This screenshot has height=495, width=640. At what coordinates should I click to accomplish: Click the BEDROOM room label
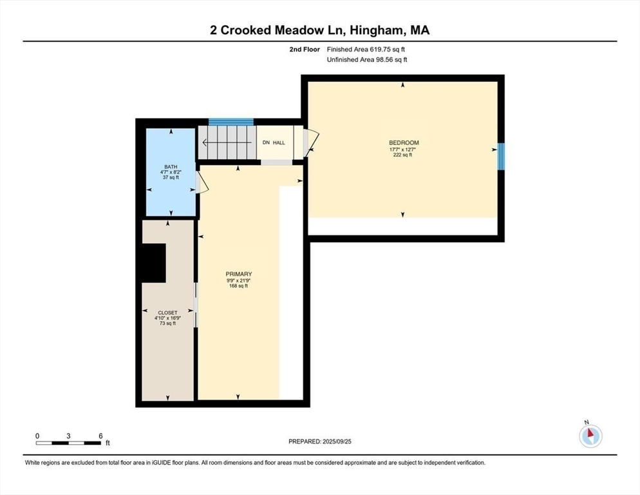pos(404,142)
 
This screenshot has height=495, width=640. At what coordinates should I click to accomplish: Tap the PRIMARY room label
pos(239,274)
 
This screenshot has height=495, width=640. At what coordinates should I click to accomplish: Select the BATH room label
pos(171,167)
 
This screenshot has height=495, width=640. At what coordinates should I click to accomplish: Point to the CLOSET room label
pos(168,313)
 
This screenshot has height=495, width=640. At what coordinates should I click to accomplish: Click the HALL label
pos(279,142)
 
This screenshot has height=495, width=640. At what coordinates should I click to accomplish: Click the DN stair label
pos(266,142)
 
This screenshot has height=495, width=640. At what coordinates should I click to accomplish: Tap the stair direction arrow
pos(227,142)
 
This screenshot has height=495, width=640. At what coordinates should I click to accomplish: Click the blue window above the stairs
pos(231,122)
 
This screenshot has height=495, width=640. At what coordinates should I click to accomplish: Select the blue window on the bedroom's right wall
pos(501,156)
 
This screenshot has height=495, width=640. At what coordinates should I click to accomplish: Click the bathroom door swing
pos(202,182)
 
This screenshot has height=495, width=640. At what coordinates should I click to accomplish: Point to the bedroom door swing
pos(311,143)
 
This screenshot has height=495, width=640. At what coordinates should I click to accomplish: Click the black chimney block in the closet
pos(154,263)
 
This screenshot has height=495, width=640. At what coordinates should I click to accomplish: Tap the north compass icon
pos(590,436)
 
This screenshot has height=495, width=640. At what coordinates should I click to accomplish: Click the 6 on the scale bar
pos(100,436)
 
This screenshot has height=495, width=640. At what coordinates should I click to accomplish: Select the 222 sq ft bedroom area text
pos(402,155)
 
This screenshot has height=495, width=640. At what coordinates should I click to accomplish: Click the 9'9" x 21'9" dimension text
pos(239,280)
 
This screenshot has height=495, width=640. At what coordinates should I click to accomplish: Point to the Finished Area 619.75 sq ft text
pos(366,50)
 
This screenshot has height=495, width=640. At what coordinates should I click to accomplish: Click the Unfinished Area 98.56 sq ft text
pos(367,60)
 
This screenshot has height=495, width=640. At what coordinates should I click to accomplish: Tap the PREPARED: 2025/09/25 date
pos(320,442)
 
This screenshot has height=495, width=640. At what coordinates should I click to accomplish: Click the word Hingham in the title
pos(378,30)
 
